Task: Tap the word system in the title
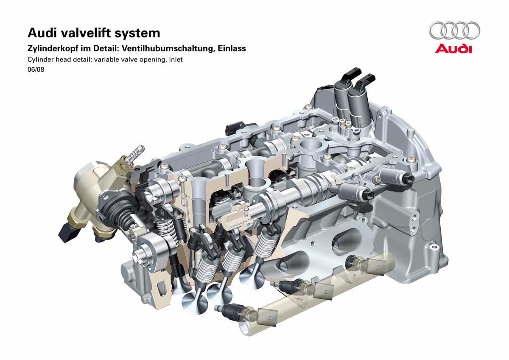pyautogui.click(x=137, y=34)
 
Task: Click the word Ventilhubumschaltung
pyautogui.click(x=168, y=49)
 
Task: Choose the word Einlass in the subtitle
pyautogui.click(x=232, y=48)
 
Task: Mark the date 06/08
pyautogui.click(x=36, y=69)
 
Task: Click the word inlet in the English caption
pyautogui.click(x=176, y=59)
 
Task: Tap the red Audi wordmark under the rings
pyautogui.click(x=453, y=49)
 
